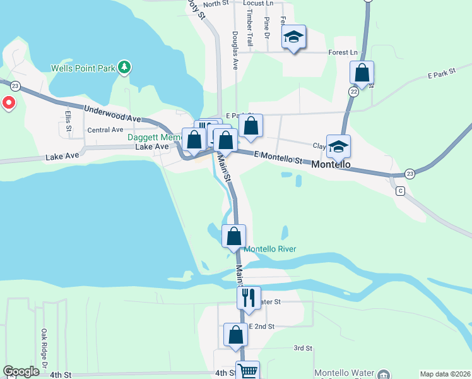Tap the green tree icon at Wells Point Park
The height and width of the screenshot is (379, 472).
pyautogui.click(x=125, y=66)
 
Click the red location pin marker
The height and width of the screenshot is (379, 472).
pyautogui.click(x=9, y=102)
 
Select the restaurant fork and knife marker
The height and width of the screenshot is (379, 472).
pyautogui.click(x=249, y=297)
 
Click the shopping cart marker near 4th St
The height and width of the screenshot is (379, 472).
pyautogui.click(x=247, y=371)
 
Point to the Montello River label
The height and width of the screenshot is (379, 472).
pyautogui.click(x=270, y=249)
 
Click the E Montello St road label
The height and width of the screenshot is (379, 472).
pyautogui.click(x=278, y=157)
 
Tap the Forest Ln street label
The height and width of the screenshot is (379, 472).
pyautogui.click(x=343, y=52)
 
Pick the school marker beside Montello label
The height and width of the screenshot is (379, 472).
pyautogui.click(x=338, y=147)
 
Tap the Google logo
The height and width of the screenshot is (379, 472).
pyautogui.click(x=21, y=372)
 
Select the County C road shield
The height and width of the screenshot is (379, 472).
pyautogui.click(x=399, y=191)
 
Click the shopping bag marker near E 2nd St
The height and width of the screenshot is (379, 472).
pyautogui.click(x=235, y=335)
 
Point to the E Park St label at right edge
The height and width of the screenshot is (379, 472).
pyautogui.click(x=441, y=75)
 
